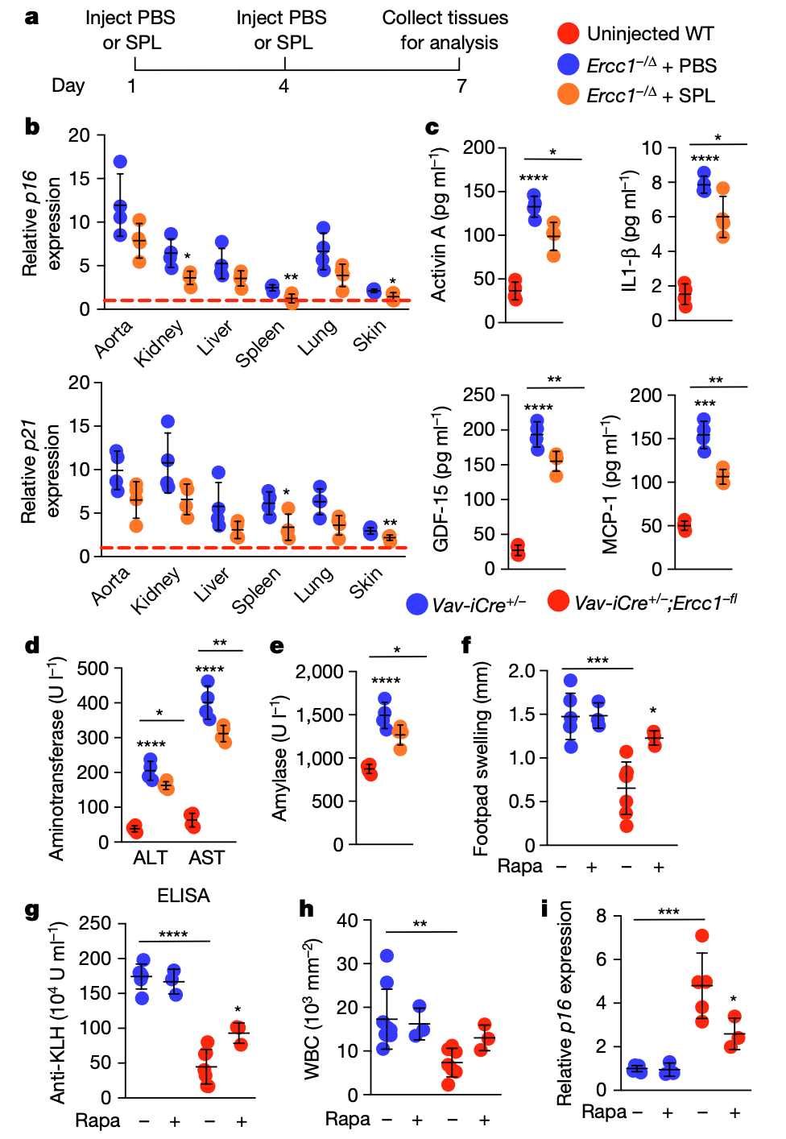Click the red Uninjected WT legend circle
569,34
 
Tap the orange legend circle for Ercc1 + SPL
569,95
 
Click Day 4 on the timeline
283,85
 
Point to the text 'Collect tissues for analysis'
445,30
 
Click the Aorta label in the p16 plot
113,338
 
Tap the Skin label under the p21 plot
366,582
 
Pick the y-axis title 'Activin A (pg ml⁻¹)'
439,225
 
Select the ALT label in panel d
150,858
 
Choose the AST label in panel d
207,858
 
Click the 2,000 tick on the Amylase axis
320,672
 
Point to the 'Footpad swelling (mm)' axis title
482,758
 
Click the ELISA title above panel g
184,896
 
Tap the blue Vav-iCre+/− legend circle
417,604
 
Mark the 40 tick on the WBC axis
347,921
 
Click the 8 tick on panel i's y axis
602,916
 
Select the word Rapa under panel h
347,1119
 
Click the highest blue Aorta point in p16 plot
121,163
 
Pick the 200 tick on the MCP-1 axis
645,396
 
